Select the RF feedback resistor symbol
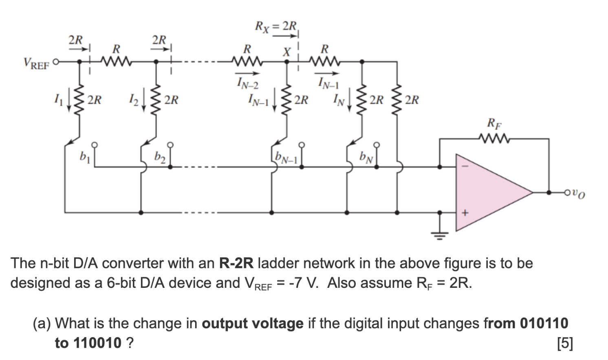point(494,139)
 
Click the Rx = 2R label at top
point(276,27)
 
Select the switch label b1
point(84,156)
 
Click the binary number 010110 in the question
point(544,323)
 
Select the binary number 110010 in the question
point(97,343)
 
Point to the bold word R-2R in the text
point(236,263)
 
